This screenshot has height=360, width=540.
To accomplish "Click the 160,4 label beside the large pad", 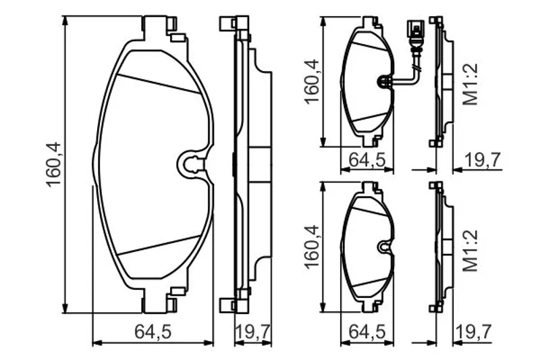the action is tap(54, 165).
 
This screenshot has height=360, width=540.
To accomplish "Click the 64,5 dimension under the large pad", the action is tap(153, 332).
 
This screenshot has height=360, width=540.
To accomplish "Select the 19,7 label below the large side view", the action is tap(252, 332).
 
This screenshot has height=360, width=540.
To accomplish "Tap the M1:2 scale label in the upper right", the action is tap(470, 84).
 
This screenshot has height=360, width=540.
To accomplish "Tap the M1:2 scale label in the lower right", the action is tap(470, 251).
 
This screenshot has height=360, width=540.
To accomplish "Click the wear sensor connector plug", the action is tap(414, 30).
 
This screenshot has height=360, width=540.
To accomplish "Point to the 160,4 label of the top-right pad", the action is tap(312, 82).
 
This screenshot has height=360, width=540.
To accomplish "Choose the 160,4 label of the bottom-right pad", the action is tap(312, 247).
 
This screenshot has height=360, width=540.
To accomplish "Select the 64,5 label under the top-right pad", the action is tap(367, 159).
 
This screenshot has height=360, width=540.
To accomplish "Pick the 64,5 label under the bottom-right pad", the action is tap(367, 332).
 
